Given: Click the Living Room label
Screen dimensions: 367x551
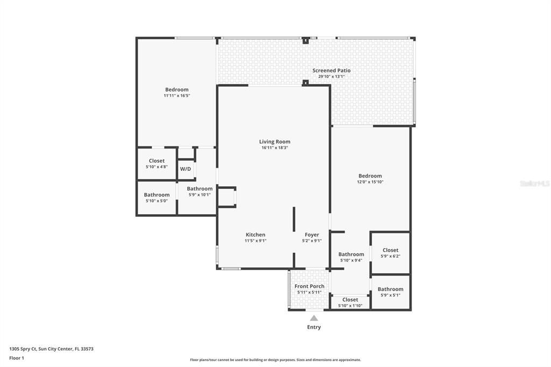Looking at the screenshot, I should tap(274, 142).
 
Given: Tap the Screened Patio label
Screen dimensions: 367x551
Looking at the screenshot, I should tap(331, 70).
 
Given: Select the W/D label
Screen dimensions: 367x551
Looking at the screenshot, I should tap(186, 169).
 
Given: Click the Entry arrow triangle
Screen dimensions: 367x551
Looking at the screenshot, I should tap(314, 318).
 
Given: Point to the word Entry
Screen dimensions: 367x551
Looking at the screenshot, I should tap(314, 327).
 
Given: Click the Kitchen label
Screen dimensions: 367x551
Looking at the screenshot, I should tap(255, 235).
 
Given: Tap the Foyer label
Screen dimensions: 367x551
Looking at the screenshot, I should tap(312, 235).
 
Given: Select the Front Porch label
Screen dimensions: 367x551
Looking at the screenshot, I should tap(309, 286).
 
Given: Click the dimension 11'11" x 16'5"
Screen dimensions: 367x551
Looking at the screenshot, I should tap(176, 96).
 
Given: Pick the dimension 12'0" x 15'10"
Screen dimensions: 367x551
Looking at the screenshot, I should tap(370, 182).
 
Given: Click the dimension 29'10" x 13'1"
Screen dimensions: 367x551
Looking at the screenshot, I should tap(331, 76).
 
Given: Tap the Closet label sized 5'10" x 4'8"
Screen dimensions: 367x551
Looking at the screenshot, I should tap(157, 161).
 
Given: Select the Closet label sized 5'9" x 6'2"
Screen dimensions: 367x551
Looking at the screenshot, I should tap(390, 250).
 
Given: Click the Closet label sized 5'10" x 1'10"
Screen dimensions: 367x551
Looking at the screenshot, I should tap(350, 300).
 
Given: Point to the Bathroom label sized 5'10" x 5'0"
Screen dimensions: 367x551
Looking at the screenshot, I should tap(157, 195).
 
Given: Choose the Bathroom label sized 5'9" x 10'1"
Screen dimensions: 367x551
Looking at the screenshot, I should tap(200, 189).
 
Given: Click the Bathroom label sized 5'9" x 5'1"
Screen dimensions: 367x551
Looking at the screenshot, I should tap(390, 289).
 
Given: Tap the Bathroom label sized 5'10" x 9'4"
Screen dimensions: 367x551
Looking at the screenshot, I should tap(351, 254).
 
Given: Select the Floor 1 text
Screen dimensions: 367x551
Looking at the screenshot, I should tap(17, 358).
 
